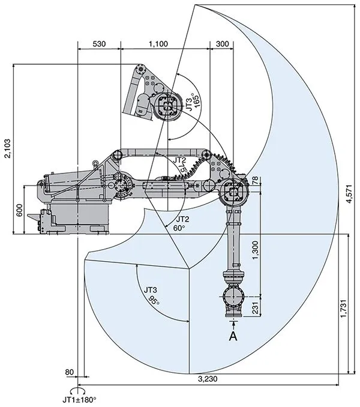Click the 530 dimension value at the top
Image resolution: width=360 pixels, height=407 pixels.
(x=100, y=44)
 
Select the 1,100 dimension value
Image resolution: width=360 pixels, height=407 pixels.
(x=158, y=44)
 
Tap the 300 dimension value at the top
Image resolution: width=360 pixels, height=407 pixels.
(x=221, y=44)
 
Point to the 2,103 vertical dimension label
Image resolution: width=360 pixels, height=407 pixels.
(x=8, y=147)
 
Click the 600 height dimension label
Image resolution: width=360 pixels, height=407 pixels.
(x=19, y=210)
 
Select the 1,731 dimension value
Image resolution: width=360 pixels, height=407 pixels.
(x=342, y=310)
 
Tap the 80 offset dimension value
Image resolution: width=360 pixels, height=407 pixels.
(x=70, y=373)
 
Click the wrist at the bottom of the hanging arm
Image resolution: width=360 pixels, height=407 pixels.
(x=233, y=298)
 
